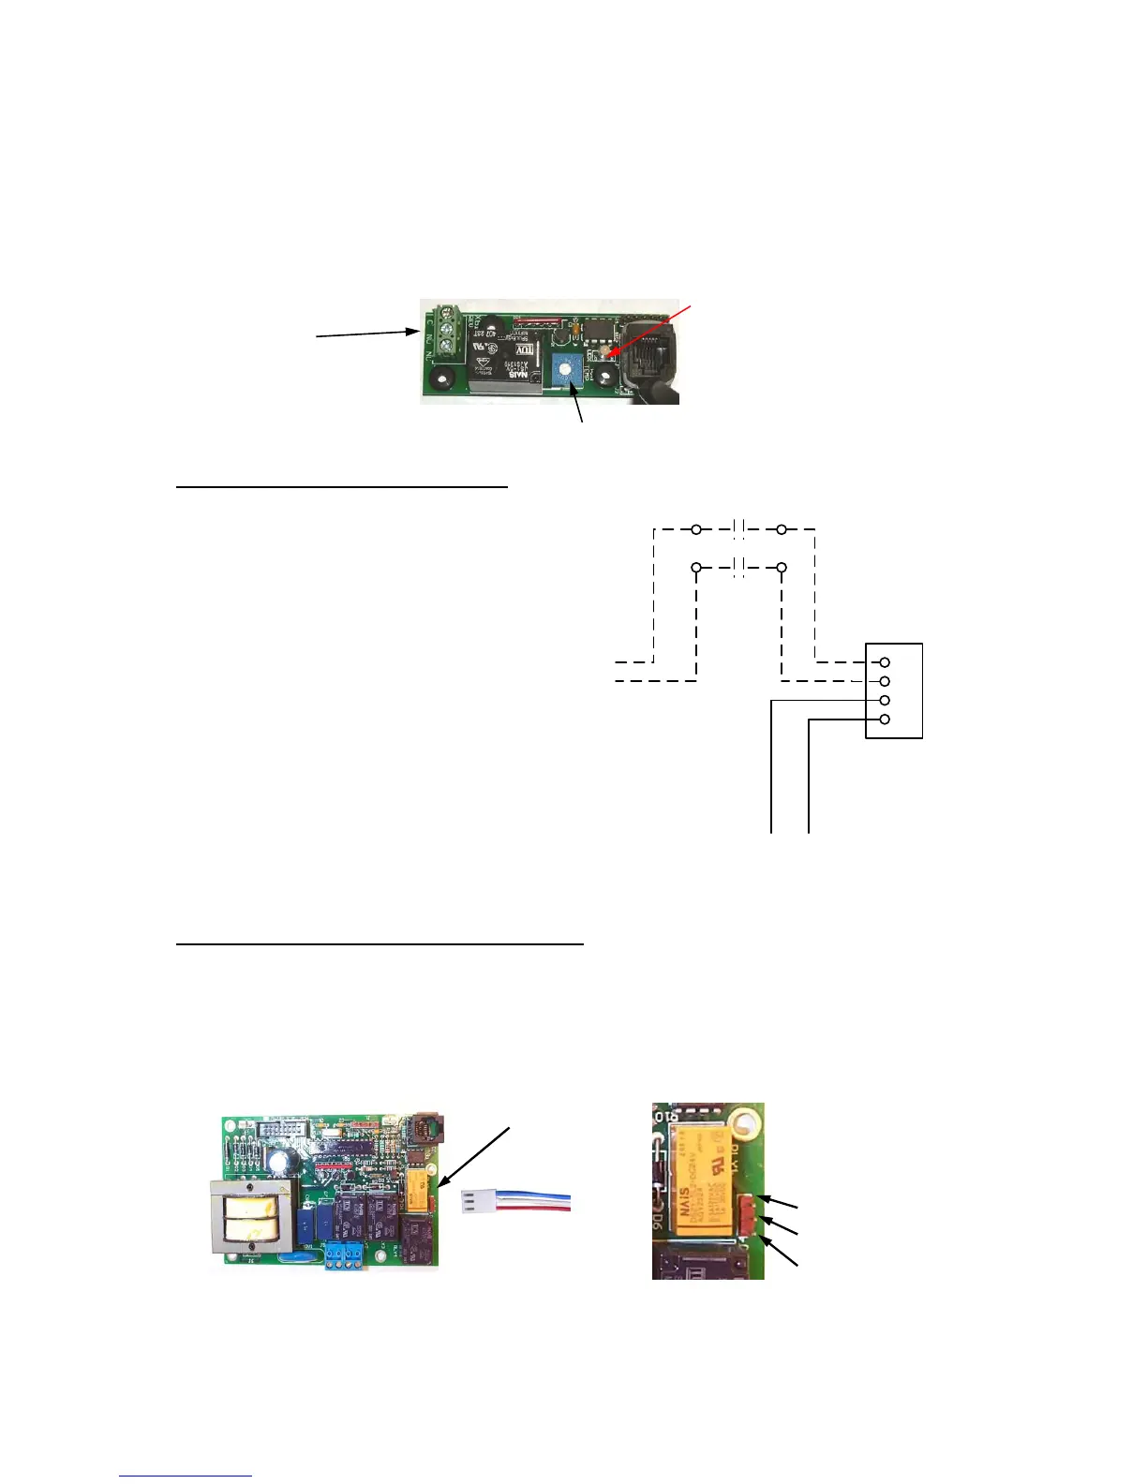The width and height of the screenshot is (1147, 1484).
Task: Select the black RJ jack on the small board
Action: pos(649,349)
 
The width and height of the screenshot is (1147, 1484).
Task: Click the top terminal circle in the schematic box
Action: pos(884,662)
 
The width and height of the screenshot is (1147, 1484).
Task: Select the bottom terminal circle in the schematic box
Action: pos(884,719)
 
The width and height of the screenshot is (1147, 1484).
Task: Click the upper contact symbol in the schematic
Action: pos(738,529)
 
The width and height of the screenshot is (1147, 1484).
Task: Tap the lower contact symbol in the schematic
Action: pos(738,568)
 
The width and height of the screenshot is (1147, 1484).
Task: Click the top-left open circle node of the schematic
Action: pos(696,529)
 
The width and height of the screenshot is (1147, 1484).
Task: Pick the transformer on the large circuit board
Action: pos(252,1217)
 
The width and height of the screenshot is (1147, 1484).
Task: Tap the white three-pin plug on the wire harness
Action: pos(479,1201)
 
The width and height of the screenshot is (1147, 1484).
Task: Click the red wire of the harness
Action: pos(534,1209)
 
